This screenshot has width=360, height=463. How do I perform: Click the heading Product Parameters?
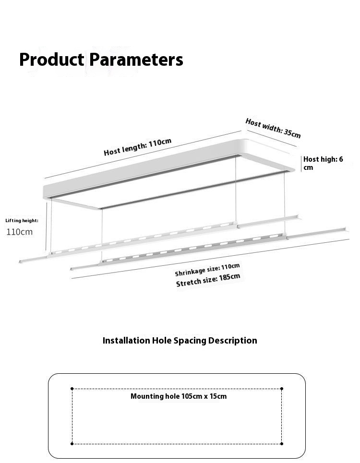click(101, 59)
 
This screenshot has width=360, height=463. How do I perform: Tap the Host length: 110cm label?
click(137, 147)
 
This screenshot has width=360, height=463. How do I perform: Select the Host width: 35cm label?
click(273, 128)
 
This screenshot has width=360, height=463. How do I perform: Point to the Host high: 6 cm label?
click(323, 163)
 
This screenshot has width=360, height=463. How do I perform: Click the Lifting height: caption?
click(22, 221)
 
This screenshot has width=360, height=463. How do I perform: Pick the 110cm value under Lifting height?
click(20, 232)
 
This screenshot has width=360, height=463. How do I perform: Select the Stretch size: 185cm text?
click(208, 280)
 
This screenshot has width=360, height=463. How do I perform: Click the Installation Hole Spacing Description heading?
click(180, 341)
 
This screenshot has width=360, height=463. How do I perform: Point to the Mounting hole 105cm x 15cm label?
click(179, 396)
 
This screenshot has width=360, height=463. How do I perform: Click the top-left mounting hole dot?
click(72, 389)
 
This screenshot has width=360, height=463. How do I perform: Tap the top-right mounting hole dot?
click(282, 389)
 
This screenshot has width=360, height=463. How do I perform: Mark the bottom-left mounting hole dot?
click(72, 444)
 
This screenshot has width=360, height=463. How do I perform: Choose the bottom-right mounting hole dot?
click(282, 444)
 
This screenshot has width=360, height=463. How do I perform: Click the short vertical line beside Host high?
click(301, 164)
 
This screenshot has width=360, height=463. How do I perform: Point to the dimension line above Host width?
click(271, 139)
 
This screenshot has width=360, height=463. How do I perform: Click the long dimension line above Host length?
click(144, 155)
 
